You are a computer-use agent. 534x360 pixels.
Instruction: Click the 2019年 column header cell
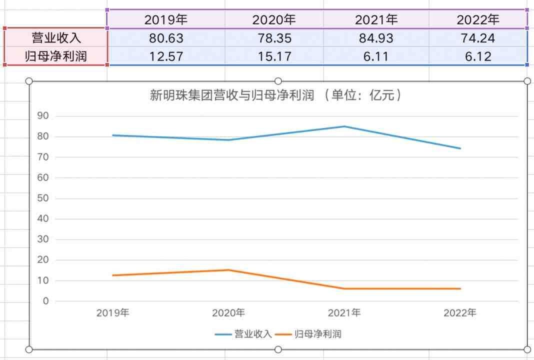(x=166, y=20)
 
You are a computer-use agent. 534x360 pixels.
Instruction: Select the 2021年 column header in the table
(x=376, y=20)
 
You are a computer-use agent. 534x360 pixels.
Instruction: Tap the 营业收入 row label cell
(x=56, y=38)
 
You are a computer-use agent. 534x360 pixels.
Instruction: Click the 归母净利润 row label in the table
(x=56, y=56)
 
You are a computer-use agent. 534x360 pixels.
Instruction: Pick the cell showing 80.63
(x=166, y=38)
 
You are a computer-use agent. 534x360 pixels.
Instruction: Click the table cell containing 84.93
(x=376, y=38)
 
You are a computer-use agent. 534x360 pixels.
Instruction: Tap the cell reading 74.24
(x=478, y=38)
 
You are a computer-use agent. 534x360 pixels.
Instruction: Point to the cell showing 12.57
(x=166, y=56)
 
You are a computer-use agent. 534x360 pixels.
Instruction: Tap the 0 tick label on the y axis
(x=45, y=301)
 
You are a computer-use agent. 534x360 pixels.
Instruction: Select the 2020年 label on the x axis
(x=228, y=313)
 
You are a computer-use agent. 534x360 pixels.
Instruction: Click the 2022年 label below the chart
(x=460, y=313)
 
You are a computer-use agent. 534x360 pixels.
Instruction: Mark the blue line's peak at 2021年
(x=344, y=126)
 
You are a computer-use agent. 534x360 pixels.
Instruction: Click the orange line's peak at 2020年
(x=228, y=270)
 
